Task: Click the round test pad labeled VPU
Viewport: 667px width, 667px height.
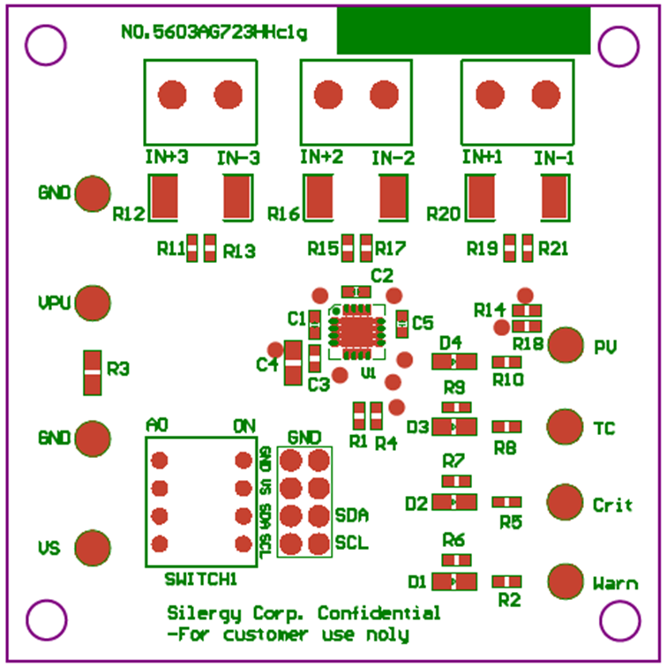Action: click(92, 303)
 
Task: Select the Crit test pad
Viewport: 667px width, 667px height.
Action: click(565, 502)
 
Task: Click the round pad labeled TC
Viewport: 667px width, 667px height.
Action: click(565, 426)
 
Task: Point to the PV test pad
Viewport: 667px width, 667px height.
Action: click(566, 345)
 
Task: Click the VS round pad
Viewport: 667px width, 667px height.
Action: click(92, 547)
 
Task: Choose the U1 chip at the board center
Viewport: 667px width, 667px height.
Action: click(357, 330)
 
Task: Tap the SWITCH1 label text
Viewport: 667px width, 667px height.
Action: click(201, 579)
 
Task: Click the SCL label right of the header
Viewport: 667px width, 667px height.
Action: click(351, 543)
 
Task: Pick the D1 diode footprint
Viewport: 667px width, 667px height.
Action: click(453, 581)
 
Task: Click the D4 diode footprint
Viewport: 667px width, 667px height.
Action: click(453, 362)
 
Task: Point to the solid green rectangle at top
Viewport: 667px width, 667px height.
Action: click(463, 31)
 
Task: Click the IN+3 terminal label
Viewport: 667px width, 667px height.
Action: click(166, 158)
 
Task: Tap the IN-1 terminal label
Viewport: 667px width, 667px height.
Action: click(554, 158)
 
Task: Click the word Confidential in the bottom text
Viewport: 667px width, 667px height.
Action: click(378, 613)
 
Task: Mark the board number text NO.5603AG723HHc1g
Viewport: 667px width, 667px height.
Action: click(214, 33)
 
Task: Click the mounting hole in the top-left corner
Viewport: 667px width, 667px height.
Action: click(43, 44)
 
